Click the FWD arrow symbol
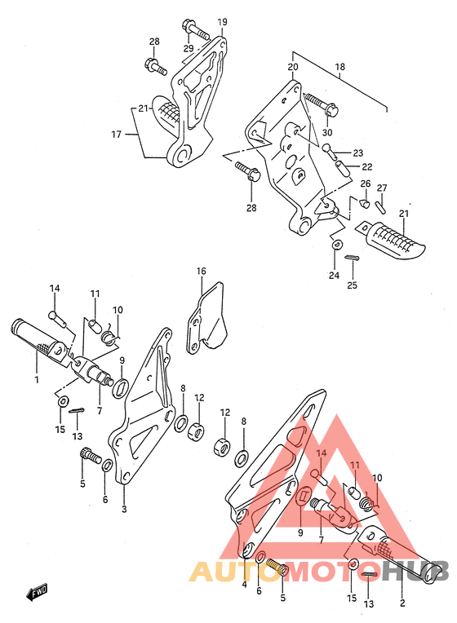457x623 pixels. (x=37, y=591)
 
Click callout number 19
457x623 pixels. (x=222, y=22)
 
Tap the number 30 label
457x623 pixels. (x=327, y=132)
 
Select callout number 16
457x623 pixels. (x=202, y=271)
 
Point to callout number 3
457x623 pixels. (x=124, y=509)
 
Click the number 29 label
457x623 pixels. (x=189, y=48)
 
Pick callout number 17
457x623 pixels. (x=116, y=135)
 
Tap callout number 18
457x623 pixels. (x=340, y=67)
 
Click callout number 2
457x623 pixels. (x=402, y=603)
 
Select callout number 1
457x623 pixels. (x=37, y=379)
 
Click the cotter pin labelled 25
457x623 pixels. (x=353, y=258)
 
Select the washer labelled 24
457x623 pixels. (x=337, y=244)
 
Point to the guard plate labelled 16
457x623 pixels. (x=206, y=317)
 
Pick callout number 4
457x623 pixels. (x=244, y=585)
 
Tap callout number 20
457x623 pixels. (x=293, y=67)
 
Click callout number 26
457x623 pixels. (x=365, y=183)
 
